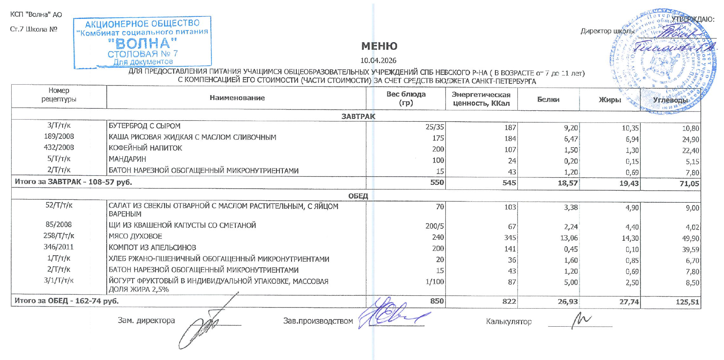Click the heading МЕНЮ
click(379, 46)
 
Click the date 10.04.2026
click(378, 61)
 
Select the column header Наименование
click(237, 98)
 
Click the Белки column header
click(548, 100)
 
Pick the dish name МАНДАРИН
click(127, 159)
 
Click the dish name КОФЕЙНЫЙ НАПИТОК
click(145, 148)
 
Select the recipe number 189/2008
click(59, 136)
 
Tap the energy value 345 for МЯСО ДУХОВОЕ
click(509, 238)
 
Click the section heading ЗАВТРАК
click(358, 116)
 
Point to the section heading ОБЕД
click(358, 196)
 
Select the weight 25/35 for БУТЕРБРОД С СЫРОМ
click(434, 127)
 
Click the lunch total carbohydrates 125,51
click(687, 302)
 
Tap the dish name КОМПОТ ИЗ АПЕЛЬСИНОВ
click(152, 248)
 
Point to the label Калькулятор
click(508, 321)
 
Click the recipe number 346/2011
click(59, 247)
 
